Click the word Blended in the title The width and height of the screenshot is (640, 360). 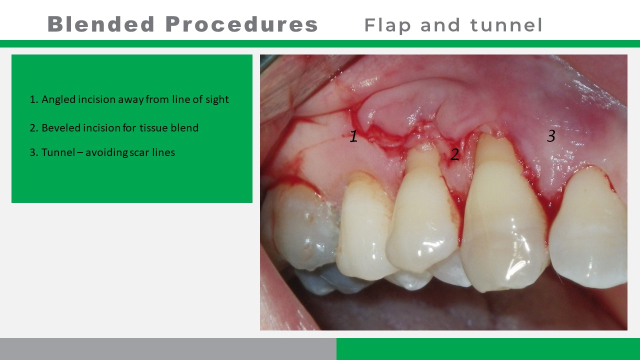pyautogui.click(x=101, y=24)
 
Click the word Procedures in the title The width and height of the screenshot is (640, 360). pyautogui.click(x=241, y=24)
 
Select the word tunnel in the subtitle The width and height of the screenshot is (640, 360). pyautogui.click(x=506, y=25)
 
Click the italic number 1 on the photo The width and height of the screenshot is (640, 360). pyautogui.click(x=353, y=136)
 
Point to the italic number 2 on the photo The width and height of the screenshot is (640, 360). pyautogui.click(x=454, y=154)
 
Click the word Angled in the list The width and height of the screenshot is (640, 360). pyautogui.click(x=58, y=99)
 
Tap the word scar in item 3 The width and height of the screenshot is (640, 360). pyautogui.click(x=139, y=153)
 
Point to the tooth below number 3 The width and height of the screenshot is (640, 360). pyautogui.click(x=588, y=228)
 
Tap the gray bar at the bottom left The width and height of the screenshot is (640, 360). pyautogui.click(x=168, y=349)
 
